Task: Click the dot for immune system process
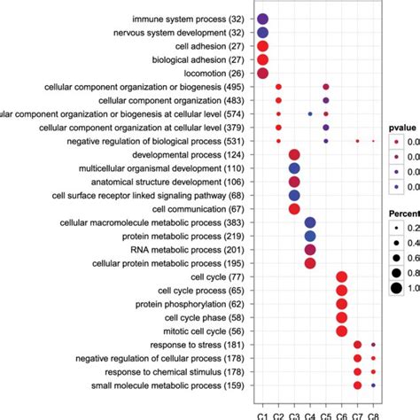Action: [262, 19]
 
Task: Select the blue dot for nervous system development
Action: [262, 33]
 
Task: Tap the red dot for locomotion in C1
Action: [262, 74]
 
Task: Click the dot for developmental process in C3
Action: [294, 155]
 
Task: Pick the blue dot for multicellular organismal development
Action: [294, 168]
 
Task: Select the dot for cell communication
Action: [294, 209]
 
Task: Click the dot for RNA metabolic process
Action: [310, 250]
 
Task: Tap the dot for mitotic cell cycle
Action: [342, 331]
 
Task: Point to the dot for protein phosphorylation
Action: [342, 304]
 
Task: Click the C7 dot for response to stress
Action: [358, 345]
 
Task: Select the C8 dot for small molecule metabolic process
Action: [374, 385]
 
